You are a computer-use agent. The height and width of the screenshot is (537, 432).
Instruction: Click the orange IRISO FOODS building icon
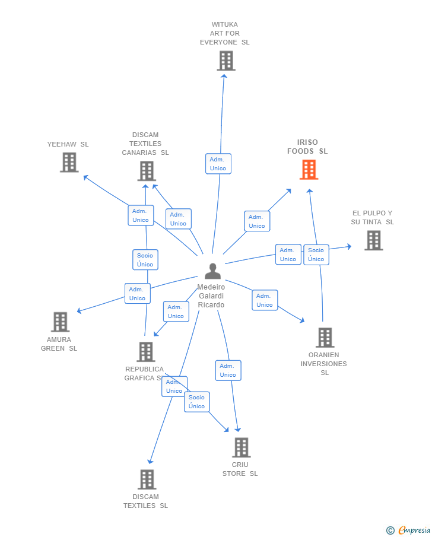[309, 170]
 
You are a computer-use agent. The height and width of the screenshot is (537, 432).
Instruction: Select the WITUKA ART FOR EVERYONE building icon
[226, 61]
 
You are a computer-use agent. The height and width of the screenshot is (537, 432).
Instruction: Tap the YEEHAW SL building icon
[69, 163]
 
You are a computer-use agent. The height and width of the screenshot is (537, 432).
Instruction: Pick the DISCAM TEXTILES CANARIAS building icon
[147, 171]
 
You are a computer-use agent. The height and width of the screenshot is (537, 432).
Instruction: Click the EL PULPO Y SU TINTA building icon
[374, 240]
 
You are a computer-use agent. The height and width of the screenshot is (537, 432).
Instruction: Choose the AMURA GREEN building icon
[61, 322]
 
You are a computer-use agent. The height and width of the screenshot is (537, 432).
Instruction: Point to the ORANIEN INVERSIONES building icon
[325, 338]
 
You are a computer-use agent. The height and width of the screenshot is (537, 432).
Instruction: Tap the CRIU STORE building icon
[242, 447]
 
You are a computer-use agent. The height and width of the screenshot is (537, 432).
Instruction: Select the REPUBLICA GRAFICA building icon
[146, 352]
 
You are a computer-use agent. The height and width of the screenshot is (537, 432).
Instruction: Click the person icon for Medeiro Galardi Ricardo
[213, 271]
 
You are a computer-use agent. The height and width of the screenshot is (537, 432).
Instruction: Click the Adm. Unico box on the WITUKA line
[218, 164]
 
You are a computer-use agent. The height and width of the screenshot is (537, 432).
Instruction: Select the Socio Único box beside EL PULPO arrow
[316, 255]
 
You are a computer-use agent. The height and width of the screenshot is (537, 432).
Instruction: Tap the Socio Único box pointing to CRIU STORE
[196, 402]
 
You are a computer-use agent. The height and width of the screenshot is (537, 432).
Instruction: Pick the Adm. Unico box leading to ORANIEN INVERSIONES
[265, 300]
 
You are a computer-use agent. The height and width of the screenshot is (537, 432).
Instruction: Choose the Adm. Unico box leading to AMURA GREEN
[138, 294]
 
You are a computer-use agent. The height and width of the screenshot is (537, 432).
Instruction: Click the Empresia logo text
[414, 530]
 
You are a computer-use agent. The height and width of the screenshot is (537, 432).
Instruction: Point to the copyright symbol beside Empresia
[390, 530]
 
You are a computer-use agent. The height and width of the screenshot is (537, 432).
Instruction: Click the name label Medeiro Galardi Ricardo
[211, 296]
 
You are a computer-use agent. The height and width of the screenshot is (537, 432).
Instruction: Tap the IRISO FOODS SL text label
[307, 147]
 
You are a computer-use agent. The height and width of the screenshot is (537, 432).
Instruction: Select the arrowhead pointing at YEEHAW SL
[85, 177]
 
